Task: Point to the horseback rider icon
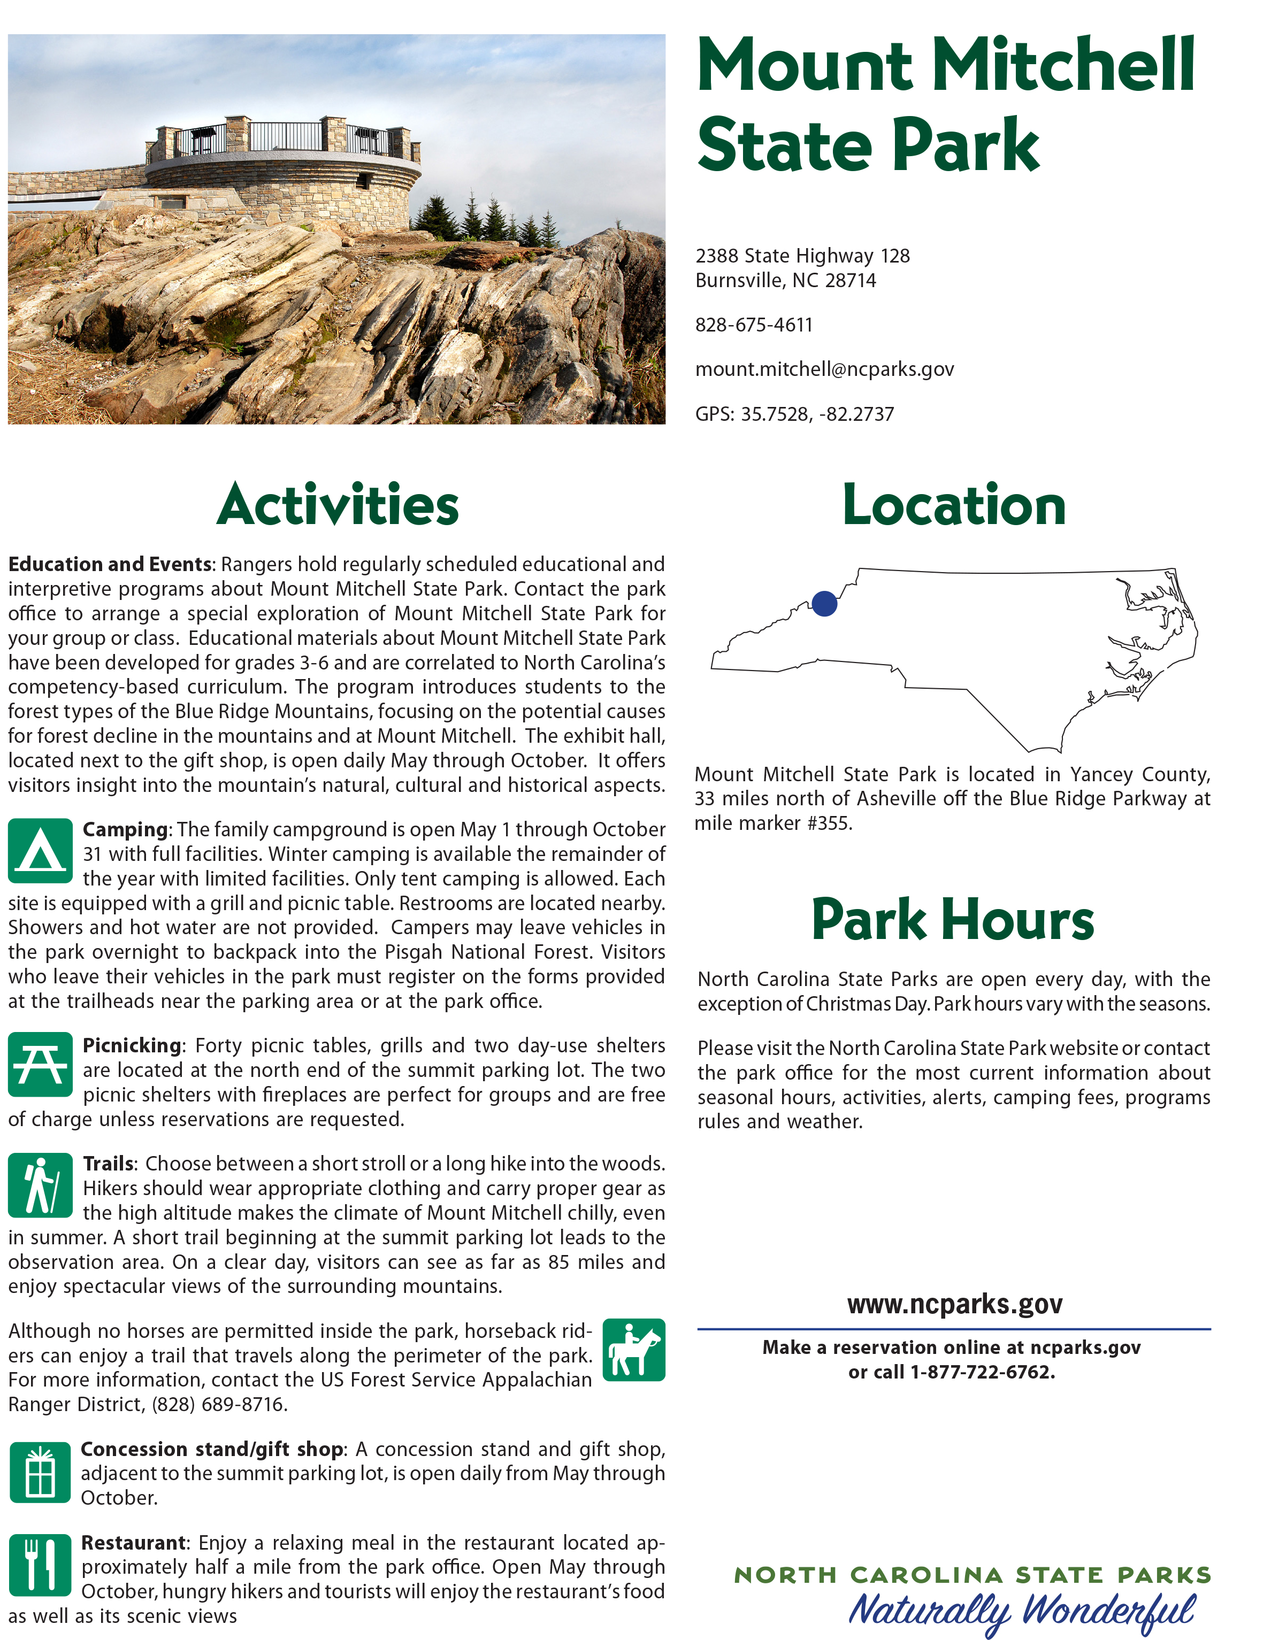pyautogui.click(x=634, y=1350)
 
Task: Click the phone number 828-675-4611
pyautogui.click(x=753, y=325)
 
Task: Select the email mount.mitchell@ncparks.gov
pyautogui.click(x=824, y=369)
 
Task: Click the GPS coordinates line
pyautogui.click(x=794, y=414)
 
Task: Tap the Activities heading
pyautogui.click(x=338, y=505)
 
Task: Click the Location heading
pyautogui.click(x=954, y=505)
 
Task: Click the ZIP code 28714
pyautogui.click(x=851, y=281)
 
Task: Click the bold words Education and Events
pyautogui.click(x=110, y=565)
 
